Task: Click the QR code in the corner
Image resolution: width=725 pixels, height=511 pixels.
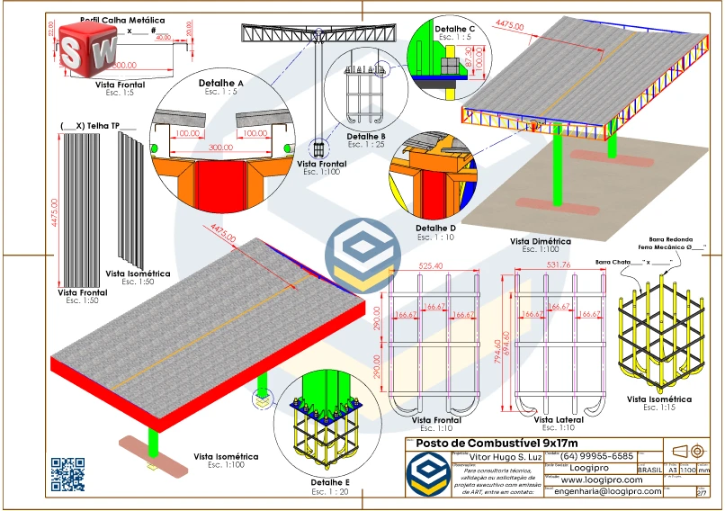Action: point(67,475)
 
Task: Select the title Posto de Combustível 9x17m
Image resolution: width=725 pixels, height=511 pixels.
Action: point(490,444)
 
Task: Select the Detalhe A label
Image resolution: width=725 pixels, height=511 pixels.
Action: point(221,83)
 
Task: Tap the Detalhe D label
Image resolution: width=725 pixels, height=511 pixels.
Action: point(436,229)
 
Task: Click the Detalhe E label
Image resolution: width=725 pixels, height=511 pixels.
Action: point(335,483)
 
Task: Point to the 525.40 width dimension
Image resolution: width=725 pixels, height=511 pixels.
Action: point(431,266)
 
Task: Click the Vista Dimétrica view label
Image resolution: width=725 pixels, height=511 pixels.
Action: point(541,241)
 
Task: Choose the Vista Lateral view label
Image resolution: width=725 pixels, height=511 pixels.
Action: point(558,419)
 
